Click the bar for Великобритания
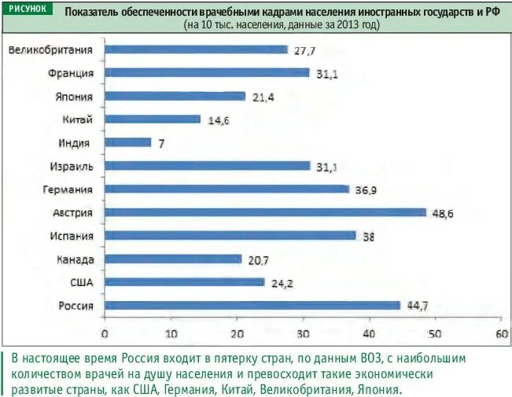196,50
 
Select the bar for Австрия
264,212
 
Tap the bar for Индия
127,142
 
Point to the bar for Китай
153,119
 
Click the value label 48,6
443,213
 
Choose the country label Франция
71,73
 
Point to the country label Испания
71,236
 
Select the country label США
81,282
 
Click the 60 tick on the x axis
499,333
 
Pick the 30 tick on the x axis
302,333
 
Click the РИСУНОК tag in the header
26,9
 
